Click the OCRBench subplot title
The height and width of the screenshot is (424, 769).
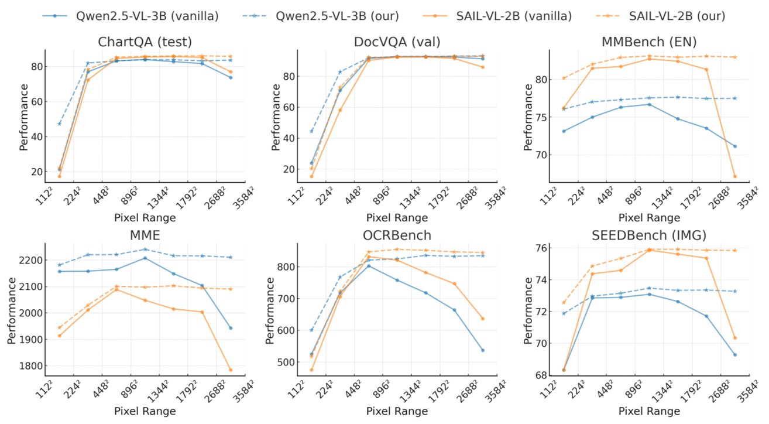397,235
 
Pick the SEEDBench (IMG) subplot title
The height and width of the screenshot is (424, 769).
649,235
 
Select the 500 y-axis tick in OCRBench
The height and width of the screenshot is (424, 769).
287,362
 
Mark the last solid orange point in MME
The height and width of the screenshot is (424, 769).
231,370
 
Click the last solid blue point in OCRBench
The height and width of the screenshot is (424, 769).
483,350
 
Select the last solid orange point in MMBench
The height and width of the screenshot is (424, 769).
735,176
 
